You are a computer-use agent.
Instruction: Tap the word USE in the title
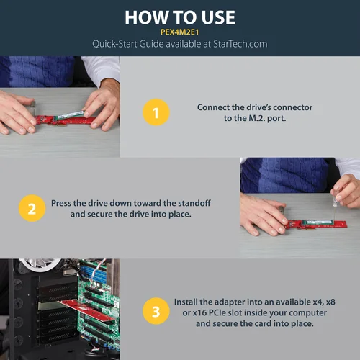[x=218, y=17]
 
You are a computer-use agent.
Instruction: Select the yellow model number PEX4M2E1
[x=180, y=32]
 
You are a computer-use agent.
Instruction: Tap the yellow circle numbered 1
[x=156, y=112]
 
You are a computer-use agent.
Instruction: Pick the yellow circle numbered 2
[x=32, y=208]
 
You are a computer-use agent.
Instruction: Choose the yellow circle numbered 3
[x=156, y=311]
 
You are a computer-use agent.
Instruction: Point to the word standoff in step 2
[x=195, y=203]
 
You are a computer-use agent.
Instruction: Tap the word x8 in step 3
[x=330, y=302]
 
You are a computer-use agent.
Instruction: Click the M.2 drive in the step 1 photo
[x=69, y=115]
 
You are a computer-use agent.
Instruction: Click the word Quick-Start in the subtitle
[x=114, y=44]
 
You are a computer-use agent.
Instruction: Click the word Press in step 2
[x=61, y=203]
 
